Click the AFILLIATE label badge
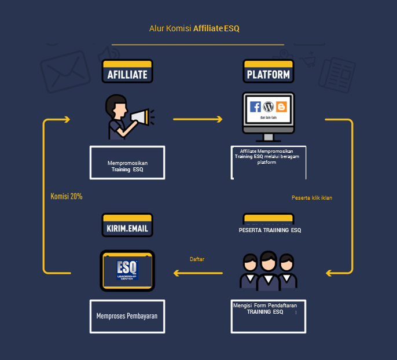tap(127, 73)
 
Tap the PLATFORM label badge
tap(269, 73)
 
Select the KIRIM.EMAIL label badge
tap(127, 227)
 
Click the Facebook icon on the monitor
tap(255, 107)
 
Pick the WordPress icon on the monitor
tap(269, 107)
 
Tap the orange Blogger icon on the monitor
tap(281, 107)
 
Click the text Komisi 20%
tap(67, 196)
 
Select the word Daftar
tap(197, 259)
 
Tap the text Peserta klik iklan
tap(312, 198)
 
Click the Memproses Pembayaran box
tap(127, 316)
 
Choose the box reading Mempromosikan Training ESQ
tap(127, 163)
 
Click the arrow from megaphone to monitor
tap(198, 119)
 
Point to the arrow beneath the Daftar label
tap(198, 272)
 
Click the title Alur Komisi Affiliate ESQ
tap(198, 28)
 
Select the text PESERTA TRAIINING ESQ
tap(270, 230)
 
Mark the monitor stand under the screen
tap(269, 137)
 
